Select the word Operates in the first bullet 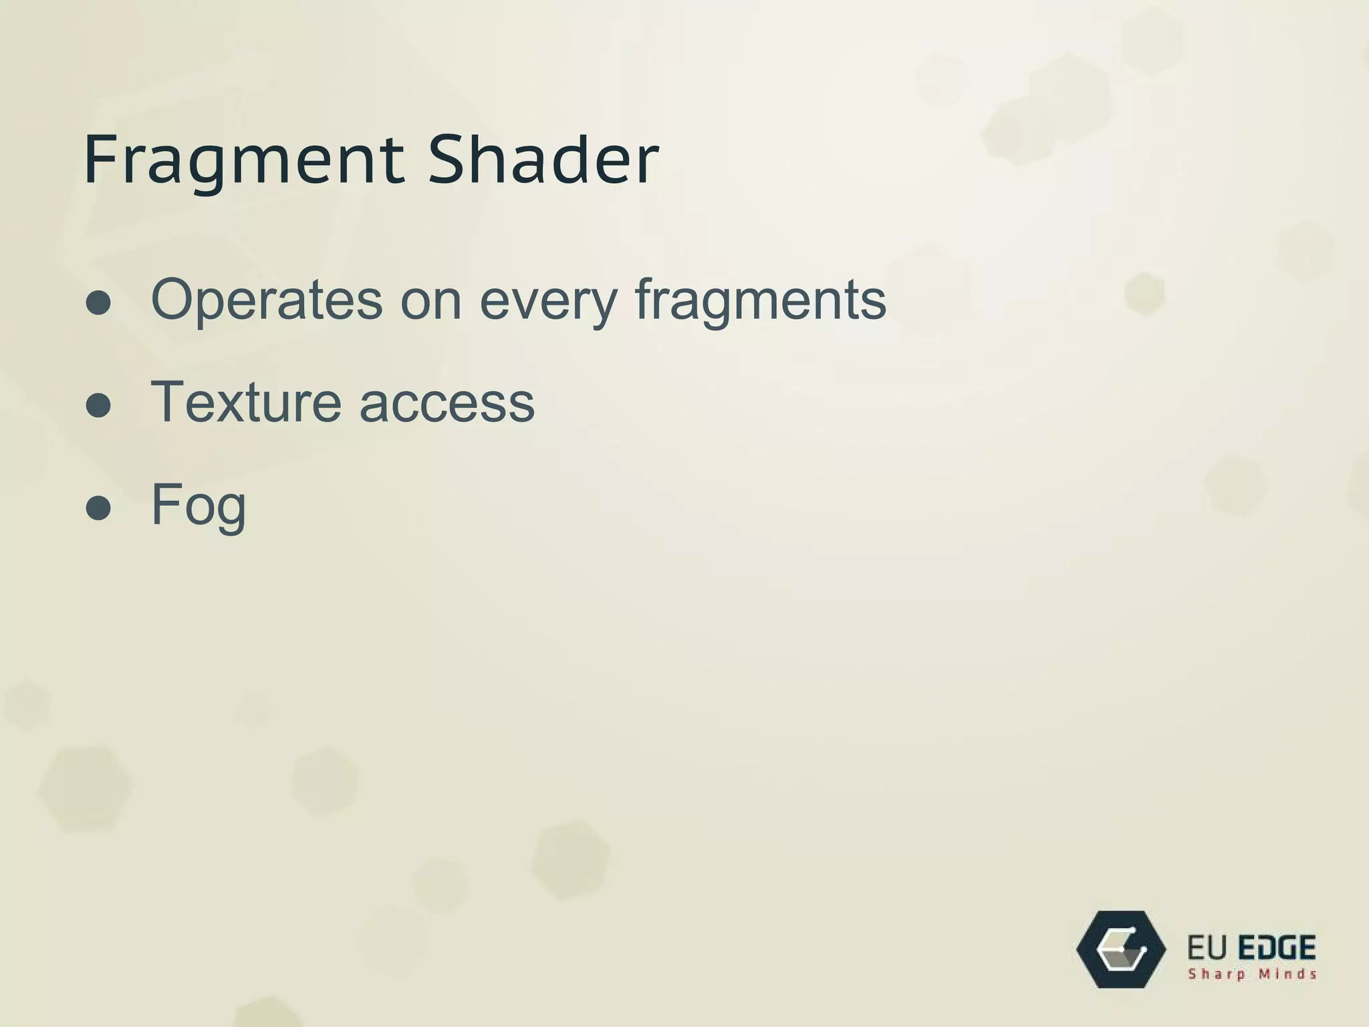(267, 300)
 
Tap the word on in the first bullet (430, 300)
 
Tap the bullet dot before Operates (98, 303)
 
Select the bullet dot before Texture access (98, 405)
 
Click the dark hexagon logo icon (1121, 949)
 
